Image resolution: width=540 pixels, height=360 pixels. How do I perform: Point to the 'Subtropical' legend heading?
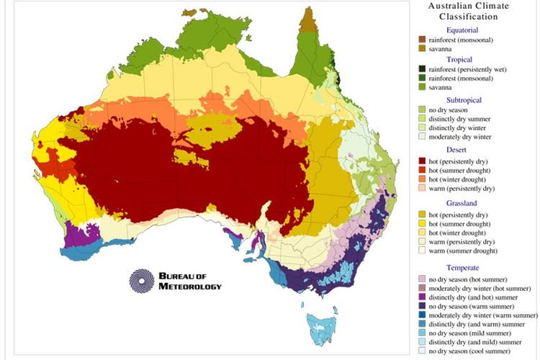[x=469, y=100]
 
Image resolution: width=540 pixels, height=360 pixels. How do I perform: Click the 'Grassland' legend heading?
[x=468, y=204]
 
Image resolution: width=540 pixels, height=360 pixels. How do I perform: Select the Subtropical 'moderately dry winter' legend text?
[x=474, y=136]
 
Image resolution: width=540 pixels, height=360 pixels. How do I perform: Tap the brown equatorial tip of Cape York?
[x=307, y=22]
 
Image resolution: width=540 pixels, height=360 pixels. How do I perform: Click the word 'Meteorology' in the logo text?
[x=191, y=286]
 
